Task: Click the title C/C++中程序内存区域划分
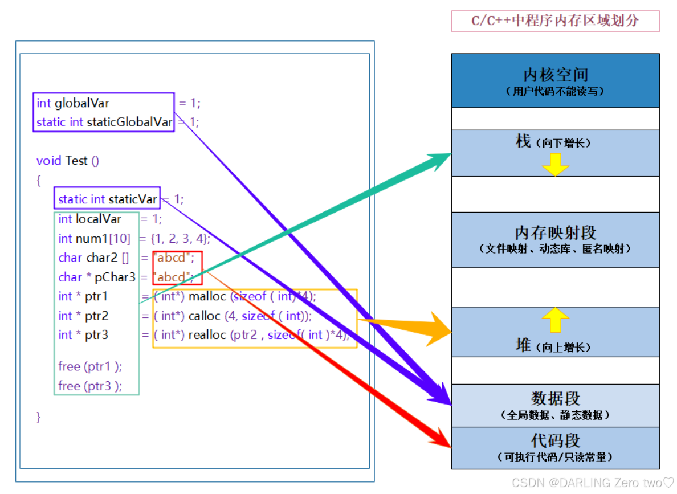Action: pos(555,21)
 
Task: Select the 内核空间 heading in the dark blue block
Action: pos(555,75)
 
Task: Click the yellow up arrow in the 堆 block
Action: pos(555,320)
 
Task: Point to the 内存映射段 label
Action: pos(555,232)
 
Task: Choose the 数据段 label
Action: pos(555,398)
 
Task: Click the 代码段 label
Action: pos(555,440)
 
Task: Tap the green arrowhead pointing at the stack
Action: pos(439,158)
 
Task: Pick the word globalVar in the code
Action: pos(81,103)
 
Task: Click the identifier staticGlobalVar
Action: pos(129,122)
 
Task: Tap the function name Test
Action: pos(76,161)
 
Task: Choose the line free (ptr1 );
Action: pos(90,366)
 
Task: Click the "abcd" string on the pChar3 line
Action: pos(172,277)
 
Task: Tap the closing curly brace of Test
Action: pos(39,417)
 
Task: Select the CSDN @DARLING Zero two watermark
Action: pos(593,483)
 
